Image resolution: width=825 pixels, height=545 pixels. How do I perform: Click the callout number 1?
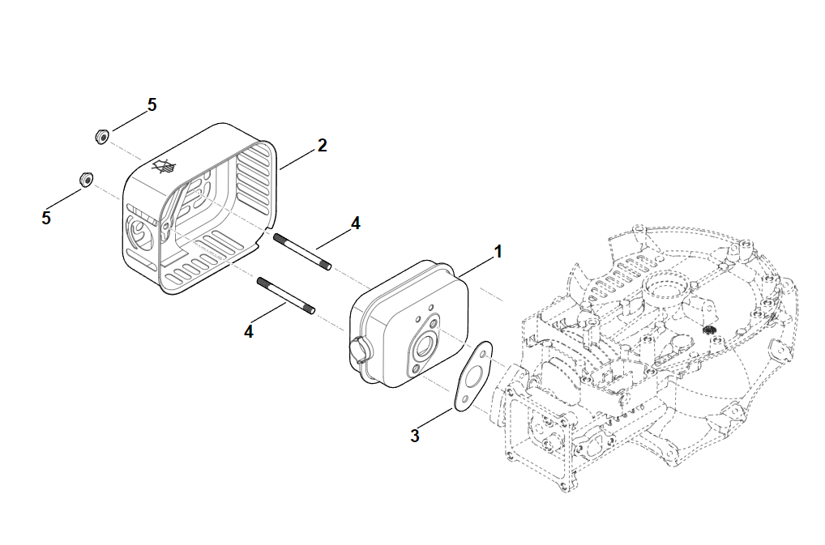(498, 252)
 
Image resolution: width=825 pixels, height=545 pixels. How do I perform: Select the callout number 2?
(322, 146)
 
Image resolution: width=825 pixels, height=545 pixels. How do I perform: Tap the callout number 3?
(415, 436)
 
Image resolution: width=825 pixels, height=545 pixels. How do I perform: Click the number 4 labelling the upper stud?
(355, 223)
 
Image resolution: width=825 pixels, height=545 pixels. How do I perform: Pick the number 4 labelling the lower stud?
(249, 330)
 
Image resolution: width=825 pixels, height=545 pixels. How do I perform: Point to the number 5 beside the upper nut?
(152, 105)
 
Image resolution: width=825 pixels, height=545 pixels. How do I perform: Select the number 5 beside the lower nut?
(46, 218)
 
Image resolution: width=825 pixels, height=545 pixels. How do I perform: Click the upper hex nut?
(101, 135)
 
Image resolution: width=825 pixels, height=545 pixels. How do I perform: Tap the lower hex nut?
(83, 178)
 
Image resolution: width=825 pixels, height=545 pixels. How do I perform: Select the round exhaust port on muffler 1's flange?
(423, 347)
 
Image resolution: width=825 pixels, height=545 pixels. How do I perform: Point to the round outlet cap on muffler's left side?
(357, 350)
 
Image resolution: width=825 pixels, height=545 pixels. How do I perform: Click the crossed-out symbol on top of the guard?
(165, 167)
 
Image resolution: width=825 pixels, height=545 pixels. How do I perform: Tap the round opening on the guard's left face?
(139, 234)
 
